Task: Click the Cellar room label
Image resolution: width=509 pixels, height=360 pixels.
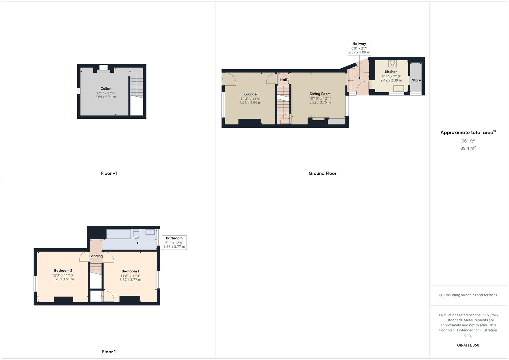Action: click(105, 89)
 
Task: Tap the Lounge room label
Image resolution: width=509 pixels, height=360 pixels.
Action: click(250, 94)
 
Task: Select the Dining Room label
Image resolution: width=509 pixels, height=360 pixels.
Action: click(320, 94)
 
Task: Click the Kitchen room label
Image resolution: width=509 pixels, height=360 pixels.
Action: click(391, 72)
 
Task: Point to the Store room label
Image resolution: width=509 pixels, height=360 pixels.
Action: click(416, 80)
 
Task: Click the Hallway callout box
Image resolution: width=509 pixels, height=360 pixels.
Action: click(359, 48)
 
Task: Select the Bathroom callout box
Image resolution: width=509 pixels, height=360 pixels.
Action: click(174, 242)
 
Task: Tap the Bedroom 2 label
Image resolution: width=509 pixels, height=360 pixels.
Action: click(63, 271)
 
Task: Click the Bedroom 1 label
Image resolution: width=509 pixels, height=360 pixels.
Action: click(130, 271)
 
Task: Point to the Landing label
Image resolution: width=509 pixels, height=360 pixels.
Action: click(96, 256)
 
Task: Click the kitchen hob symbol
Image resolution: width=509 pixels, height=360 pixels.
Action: click(392, 64)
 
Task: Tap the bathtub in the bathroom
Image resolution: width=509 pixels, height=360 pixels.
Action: click(119, 234)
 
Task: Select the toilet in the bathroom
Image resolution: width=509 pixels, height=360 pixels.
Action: click(136, 234)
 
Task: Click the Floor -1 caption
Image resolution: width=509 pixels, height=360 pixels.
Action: click(109, 173)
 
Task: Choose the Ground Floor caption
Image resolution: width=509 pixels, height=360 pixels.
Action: click(322, 173)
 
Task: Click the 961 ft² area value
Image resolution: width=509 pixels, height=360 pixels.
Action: click(468, 141)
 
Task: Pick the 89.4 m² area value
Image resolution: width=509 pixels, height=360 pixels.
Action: click(468, 148)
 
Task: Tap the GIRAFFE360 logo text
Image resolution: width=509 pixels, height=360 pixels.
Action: click(468, 345)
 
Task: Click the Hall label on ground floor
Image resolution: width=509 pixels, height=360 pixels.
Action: click(283, 80)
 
